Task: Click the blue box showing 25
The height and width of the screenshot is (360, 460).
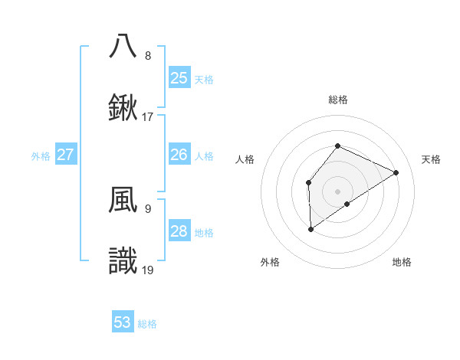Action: click(179, 78)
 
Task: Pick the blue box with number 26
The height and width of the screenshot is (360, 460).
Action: click(179, 155)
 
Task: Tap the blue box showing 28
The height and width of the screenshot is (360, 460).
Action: click(179, 231)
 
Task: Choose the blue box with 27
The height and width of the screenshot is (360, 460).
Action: click(66, 155)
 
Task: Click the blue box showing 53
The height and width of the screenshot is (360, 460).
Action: click(123, 322)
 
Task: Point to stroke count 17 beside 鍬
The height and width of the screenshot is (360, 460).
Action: click(148, 118)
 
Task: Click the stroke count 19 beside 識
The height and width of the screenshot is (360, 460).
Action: click(148, 270)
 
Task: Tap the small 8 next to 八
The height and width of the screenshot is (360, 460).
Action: click(148, 56)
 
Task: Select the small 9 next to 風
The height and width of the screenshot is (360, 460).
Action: click(148, 208)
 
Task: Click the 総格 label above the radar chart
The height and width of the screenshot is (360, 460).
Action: click(337, 100)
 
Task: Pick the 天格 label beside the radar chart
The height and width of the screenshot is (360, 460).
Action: click(431, 159)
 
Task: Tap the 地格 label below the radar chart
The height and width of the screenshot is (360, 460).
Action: click(402, 262)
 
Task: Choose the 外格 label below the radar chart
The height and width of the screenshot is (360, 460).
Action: click(270, 262)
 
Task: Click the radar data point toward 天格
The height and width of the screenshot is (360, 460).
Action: click(396, 172)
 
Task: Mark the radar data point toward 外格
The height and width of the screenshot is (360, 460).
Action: click(310, 228)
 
